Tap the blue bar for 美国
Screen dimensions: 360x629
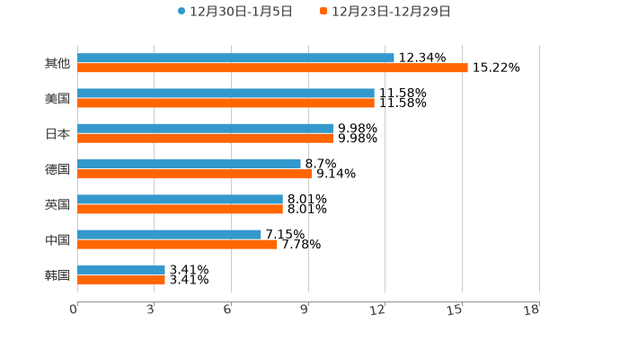click(226, 94)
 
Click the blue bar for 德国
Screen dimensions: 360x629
click(189, 164)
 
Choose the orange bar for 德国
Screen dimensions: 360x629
click(194, 174)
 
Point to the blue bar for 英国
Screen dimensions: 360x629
click(180, 200)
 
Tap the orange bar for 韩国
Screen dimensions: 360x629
click(121, 280)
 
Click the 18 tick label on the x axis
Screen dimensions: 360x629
click(532, 310)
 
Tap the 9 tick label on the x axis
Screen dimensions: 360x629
click(306, 310)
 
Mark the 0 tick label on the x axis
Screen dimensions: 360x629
click(74, 310)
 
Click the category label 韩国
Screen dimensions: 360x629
click(58, 274)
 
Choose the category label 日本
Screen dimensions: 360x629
click(58, 133)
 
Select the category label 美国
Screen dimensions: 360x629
click(58, 98)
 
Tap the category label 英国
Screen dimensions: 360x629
click(58, 204)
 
